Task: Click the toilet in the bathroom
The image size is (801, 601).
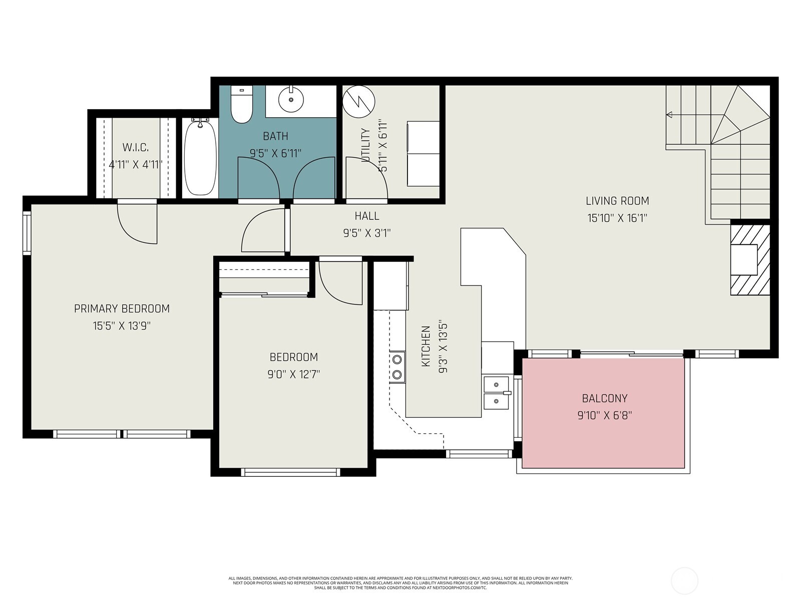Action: [x=242, y=105]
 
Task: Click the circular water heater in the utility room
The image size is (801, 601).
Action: [x=358, y=100]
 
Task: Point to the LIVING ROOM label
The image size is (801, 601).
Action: [x=617, y=201]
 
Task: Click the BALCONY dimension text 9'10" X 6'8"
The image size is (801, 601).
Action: [x=604, y=415]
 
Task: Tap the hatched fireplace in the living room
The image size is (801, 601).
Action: [x=749, y=259]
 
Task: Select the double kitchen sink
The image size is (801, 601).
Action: [x=496, y=392]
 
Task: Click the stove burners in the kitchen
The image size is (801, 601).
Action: [x=397, y=367]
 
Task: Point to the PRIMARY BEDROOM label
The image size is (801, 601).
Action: [x=122, y=309]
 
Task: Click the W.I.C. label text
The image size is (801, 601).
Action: [x=135, y=147]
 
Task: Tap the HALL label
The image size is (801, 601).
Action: [x=367, y=216]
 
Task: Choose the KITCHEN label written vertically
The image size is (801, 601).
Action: [x=426, y=346]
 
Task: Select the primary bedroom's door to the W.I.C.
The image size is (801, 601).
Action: [x=137, y=223]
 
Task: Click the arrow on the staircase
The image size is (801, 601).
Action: [x=669, y=115]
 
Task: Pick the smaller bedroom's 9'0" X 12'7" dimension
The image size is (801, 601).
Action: [x=293, y=374]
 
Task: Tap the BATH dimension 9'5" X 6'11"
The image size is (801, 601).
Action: [x=275, y=153]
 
